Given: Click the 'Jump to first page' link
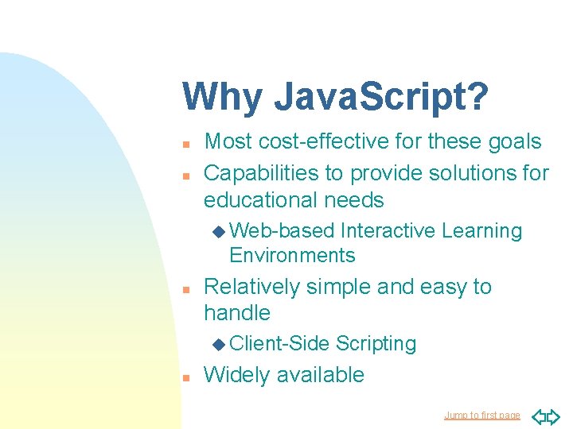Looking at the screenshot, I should click(x=481, y=415).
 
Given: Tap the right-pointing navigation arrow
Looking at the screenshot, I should click(x=554, y=415).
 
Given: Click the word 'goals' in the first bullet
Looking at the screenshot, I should click(x=511, y=141).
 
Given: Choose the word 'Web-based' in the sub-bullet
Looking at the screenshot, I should click(x=282, y=231).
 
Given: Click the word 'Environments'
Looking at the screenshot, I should click(x=292, y=255).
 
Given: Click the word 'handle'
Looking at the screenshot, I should click(x=237, y=313).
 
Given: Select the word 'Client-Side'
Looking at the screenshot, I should click(x=279, y=343).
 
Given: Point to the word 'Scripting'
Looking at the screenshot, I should click(x=376, y=343).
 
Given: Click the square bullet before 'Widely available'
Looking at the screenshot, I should click(x=185, y=377).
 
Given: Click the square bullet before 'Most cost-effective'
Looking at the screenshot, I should click(x=185, y=144).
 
